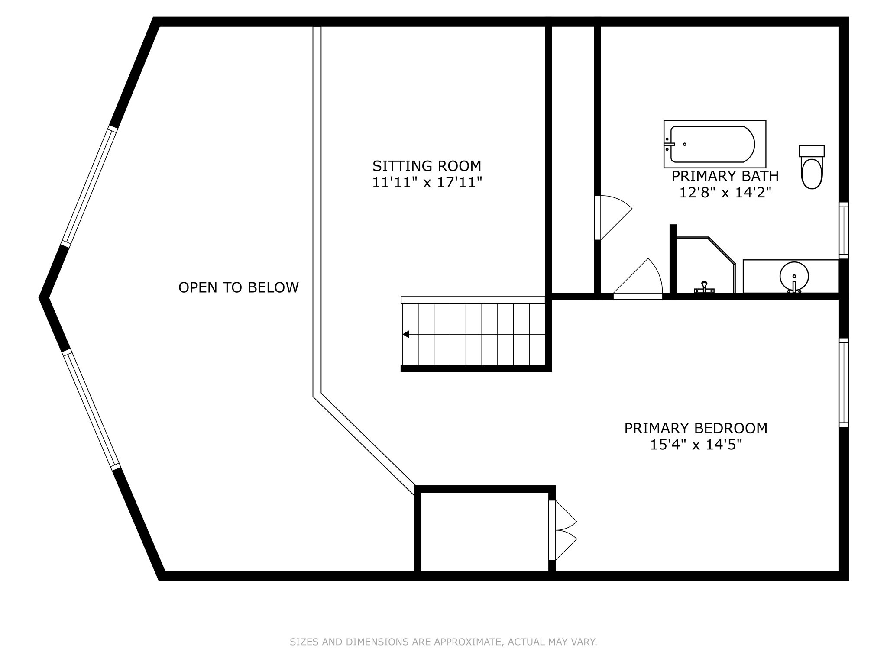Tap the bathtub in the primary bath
(x=714, y=144)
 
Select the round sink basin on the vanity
(x=794, y=276)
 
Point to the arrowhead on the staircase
(x=406, y=334)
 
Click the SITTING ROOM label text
(x=427, y=166)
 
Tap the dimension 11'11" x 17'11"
(x=427, y=183)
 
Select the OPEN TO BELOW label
(x=238, y=287)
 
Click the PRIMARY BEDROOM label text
(x=696, y=428)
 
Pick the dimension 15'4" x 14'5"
(x=696, y=445)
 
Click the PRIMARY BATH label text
(x=725, y=176)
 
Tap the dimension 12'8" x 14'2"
(x=725, y=192)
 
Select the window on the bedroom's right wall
(x=843, y=382)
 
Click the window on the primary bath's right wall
(x=843, y=230)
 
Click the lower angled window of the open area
(x=91, y=410)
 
